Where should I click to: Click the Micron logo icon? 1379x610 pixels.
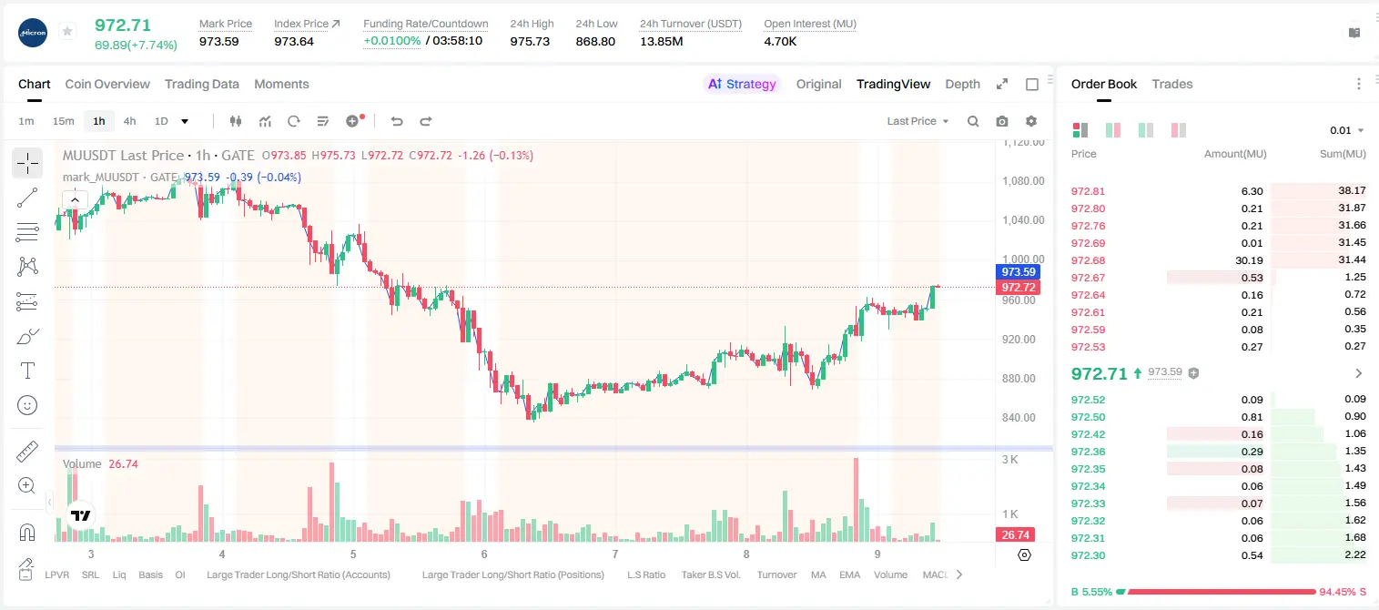[33, 33]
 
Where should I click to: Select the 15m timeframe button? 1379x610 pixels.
[64, 121]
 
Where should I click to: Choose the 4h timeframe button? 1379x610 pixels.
[129, 121]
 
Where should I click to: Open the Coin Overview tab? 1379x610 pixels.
[107, 85]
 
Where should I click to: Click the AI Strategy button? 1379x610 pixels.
[742, 85]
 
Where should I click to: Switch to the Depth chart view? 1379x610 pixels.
[962, 85]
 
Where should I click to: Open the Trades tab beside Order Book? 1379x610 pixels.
[1172, 85]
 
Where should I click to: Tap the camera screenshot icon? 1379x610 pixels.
[1002, 121]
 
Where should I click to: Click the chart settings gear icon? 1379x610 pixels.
[1031, 121]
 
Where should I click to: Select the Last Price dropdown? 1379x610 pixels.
[918, 121]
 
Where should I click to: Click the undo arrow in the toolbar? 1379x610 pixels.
[397, 121]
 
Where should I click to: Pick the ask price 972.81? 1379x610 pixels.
[1088, 191]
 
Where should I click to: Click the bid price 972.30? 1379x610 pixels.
[1088, 555]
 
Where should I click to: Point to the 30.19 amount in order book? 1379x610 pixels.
[1249, 260]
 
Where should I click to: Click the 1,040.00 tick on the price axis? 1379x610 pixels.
[1023, 220]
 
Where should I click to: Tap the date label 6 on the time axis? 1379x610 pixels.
[484, 554]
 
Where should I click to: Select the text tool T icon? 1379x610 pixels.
[27, 371]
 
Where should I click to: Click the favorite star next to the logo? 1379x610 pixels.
[67, 31]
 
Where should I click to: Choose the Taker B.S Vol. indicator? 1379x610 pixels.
[710, 574]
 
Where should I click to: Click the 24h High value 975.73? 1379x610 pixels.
[530, 41]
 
